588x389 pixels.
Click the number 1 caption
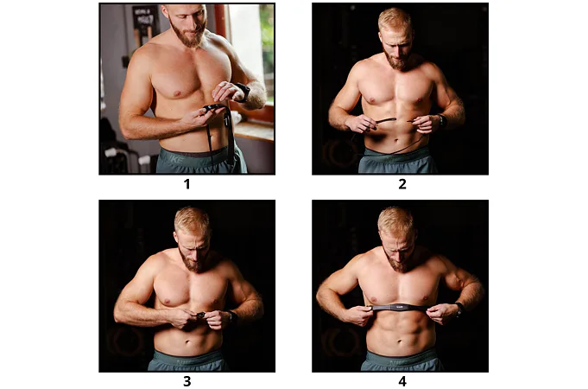(x=187, y=184)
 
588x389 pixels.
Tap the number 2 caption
(x=402, y=184)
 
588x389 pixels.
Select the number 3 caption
(x=187, y=381)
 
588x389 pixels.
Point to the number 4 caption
(x=402, y=381)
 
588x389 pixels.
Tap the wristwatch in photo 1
(x=243, y=92)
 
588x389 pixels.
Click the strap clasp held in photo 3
(x=199, y=315)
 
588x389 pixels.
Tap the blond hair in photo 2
(x=395, y=21)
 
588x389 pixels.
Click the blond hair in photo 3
(x=192, y=220)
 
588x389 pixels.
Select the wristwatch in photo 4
(x=459, y=309)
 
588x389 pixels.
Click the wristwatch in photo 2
(x=442, y=121)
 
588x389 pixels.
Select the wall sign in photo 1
(x=146, y=22)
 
